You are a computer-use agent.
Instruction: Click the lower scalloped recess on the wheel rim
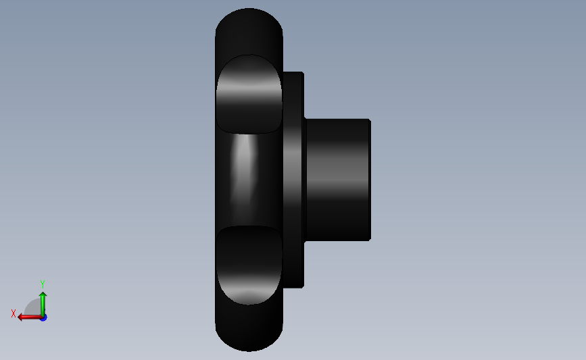coord(248,265)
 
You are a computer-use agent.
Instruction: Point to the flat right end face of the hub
coord(369,179)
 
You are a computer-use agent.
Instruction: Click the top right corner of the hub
coord(369,120)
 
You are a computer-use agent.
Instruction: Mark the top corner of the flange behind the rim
coord(301,73)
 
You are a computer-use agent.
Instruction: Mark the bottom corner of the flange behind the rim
coord(301,286)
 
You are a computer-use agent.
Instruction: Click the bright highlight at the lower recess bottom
coord(248,295)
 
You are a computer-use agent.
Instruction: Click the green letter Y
coord(42,284)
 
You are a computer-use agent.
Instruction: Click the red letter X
coord(14,313)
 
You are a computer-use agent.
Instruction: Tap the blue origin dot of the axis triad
coord(43,317)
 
